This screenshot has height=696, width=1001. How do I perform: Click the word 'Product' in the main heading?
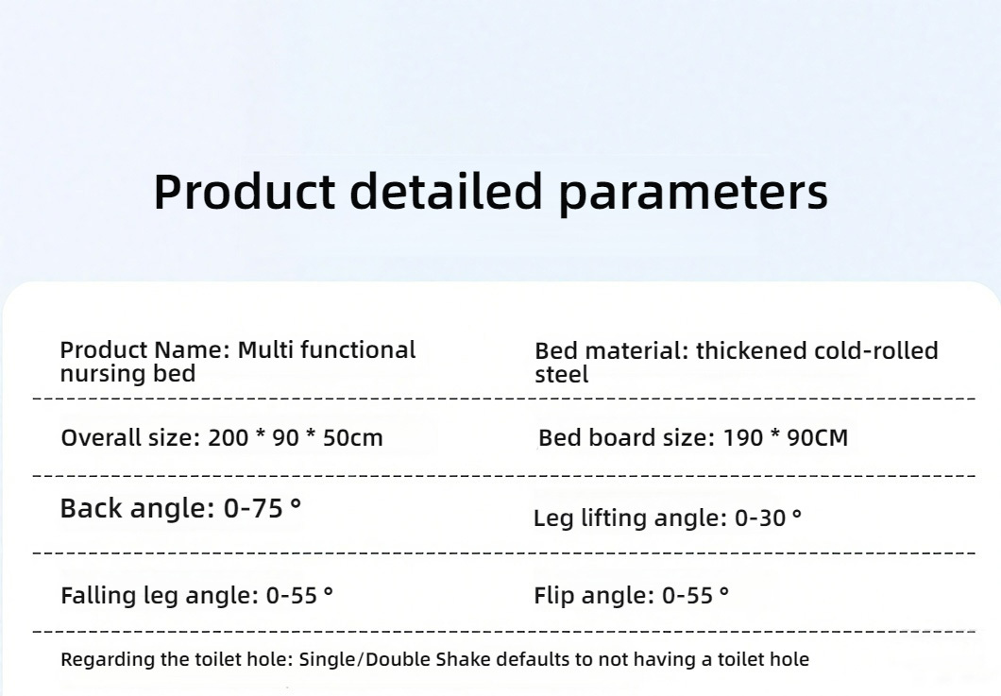pos(244,191)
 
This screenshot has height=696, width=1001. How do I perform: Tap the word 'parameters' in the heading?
pos(693,195)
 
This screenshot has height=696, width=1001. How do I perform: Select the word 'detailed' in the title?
pos(447,191)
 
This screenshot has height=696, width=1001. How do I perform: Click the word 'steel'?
pos(561,374)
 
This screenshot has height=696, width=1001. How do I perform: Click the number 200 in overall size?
pos(228,438)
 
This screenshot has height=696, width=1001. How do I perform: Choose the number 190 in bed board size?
pos(742,438)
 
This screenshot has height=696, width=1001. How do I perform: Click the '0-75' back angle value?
pos(253,509)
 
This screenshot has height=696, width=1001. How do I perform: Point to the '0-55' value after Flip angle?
pos(687,596)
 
